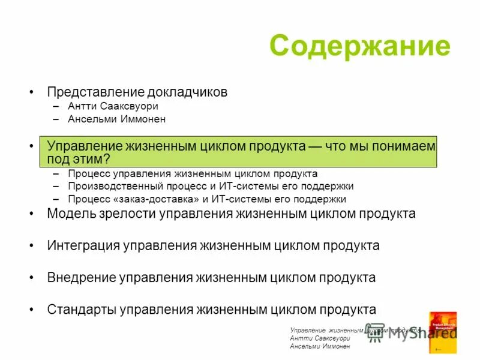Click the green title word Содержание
point(359,46)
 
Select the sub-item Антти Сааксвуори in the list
point(113,106)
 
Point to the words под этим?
point(79,159)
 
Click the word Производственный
point(110,186)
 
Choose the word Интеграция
point(83,246)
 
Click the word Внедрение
point(81,278)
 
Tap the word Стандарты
point(82,310)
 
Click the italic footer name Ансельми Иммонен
point(319,347)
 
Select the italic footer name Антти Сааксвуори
point(319,338)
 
